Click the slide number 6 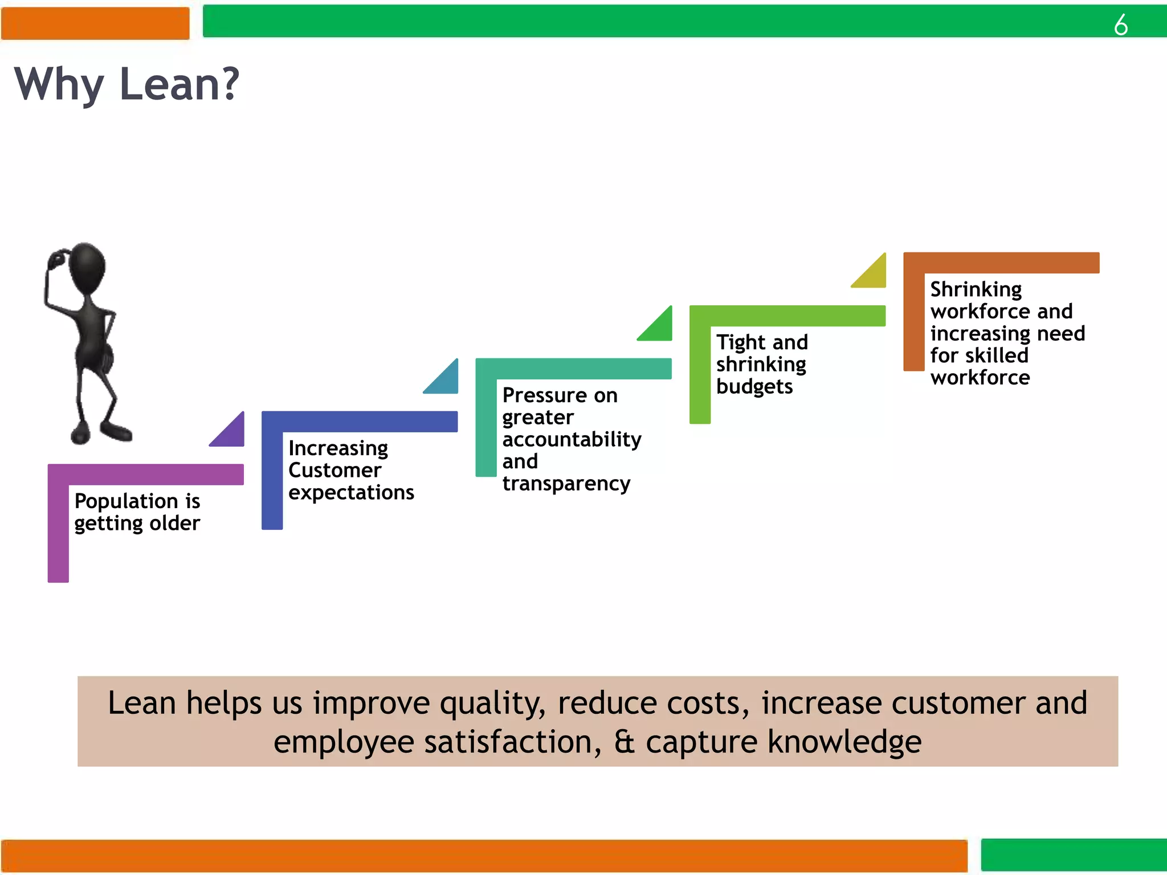pos(1120,24)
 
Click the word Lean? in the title pos(179,84)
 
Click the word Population pos(126,501)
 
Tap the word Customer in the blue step pos(334,470)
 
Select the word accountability pos(572,439)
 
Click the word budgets pos(754,386)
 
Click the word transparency pos(566,484)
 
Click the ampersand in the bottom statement pos(624,742)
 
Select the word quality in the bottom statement pos(492,703)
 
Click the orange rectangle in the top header pos(95,23)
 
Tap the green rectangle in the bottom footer pos(1074,854)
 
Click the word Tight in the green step pos(741,342)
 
